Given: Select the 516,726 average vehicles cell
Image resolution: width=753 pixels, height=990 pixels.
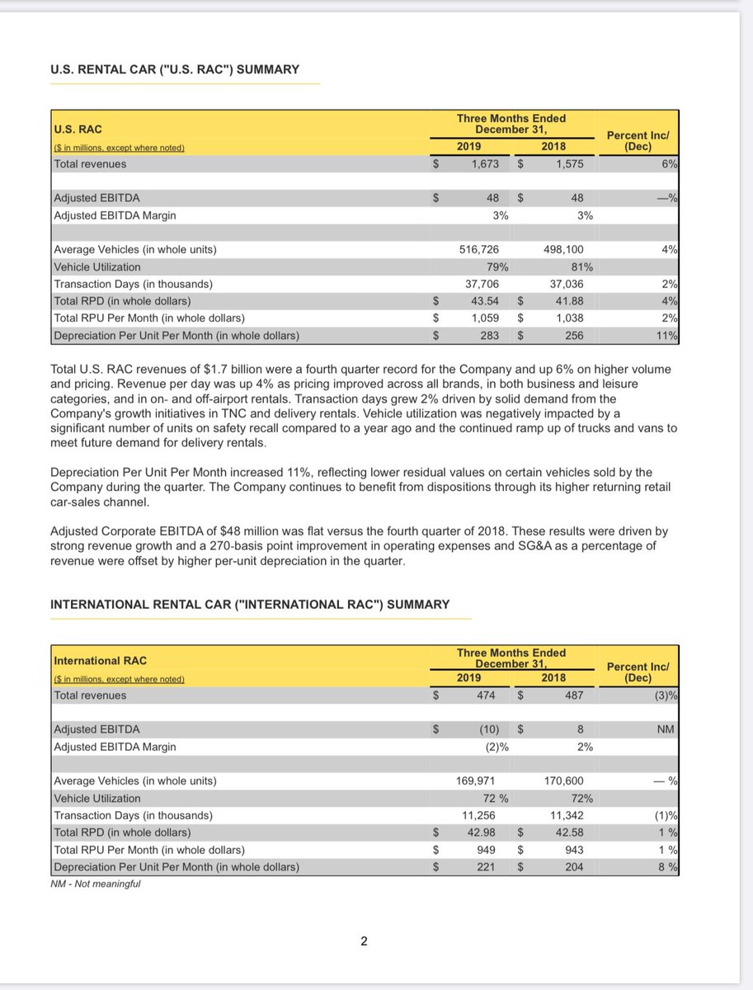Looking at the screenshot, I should click(x=478, y=249).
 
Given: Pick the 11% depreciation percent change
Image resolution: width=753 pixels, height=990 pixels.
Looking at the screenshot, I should click(x=668, y=336).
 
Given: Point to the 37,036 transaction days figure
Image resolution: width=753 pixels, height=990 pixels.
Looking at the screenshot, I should click(x=564, y=284).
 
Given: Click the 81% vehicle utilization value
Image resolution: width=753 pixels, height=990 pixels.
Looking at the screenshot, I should click(x=581, y=266).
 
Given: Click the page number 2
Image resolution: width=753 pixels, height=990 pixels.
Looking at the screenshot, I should click(x=364, y=941).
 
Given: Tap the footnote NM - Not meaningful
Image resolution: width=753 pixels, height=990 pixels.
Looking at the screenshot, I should click(x=95, y=884).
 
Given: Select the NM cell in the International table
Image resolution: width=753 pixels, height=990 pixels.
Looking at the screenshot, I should click(x=664, y=729).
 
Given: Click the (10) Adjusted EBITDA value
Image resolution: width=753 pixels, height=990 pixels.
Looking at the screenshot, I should click(x=487, y=729).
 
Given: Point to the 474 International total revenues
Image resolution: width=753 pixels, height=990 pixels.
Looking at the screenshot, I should click(x=487, y=695).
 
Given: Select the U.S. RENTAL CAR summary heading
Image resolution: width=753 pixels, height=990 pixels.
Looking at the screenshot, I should click(x=175, y=69).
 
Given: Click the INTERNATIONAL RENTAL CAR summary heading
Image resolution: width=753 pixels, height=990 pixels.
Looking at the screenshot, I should click(x=250, y=605).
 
